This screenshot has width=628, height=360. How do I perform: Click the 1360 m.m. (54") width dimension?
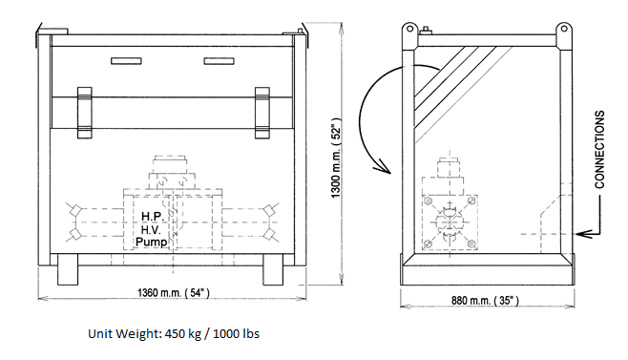click(174, 292)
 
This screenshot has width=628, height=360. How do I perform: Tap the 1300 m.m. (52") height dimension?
click(336, 158)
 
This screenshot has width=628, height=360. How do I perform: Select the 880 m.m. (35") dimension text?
click(485, 300)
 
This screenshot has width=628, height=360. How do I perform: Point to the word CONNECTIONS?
click(599, 150)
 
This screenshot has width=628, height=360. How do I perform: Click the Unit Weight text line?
click(174, 333)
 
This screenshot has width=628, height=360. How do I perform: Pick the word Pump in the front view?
click(151, 243)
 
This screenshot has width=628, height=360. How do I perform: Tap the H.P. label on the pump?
click(152, 217)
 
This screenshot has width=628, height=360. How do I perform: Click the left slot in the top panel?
click(126, 61)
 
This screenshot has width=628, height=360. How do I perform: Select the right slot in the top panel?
click(220, 61)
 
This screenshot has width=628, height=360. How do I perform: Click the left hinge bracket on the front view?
click(85, 113)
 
